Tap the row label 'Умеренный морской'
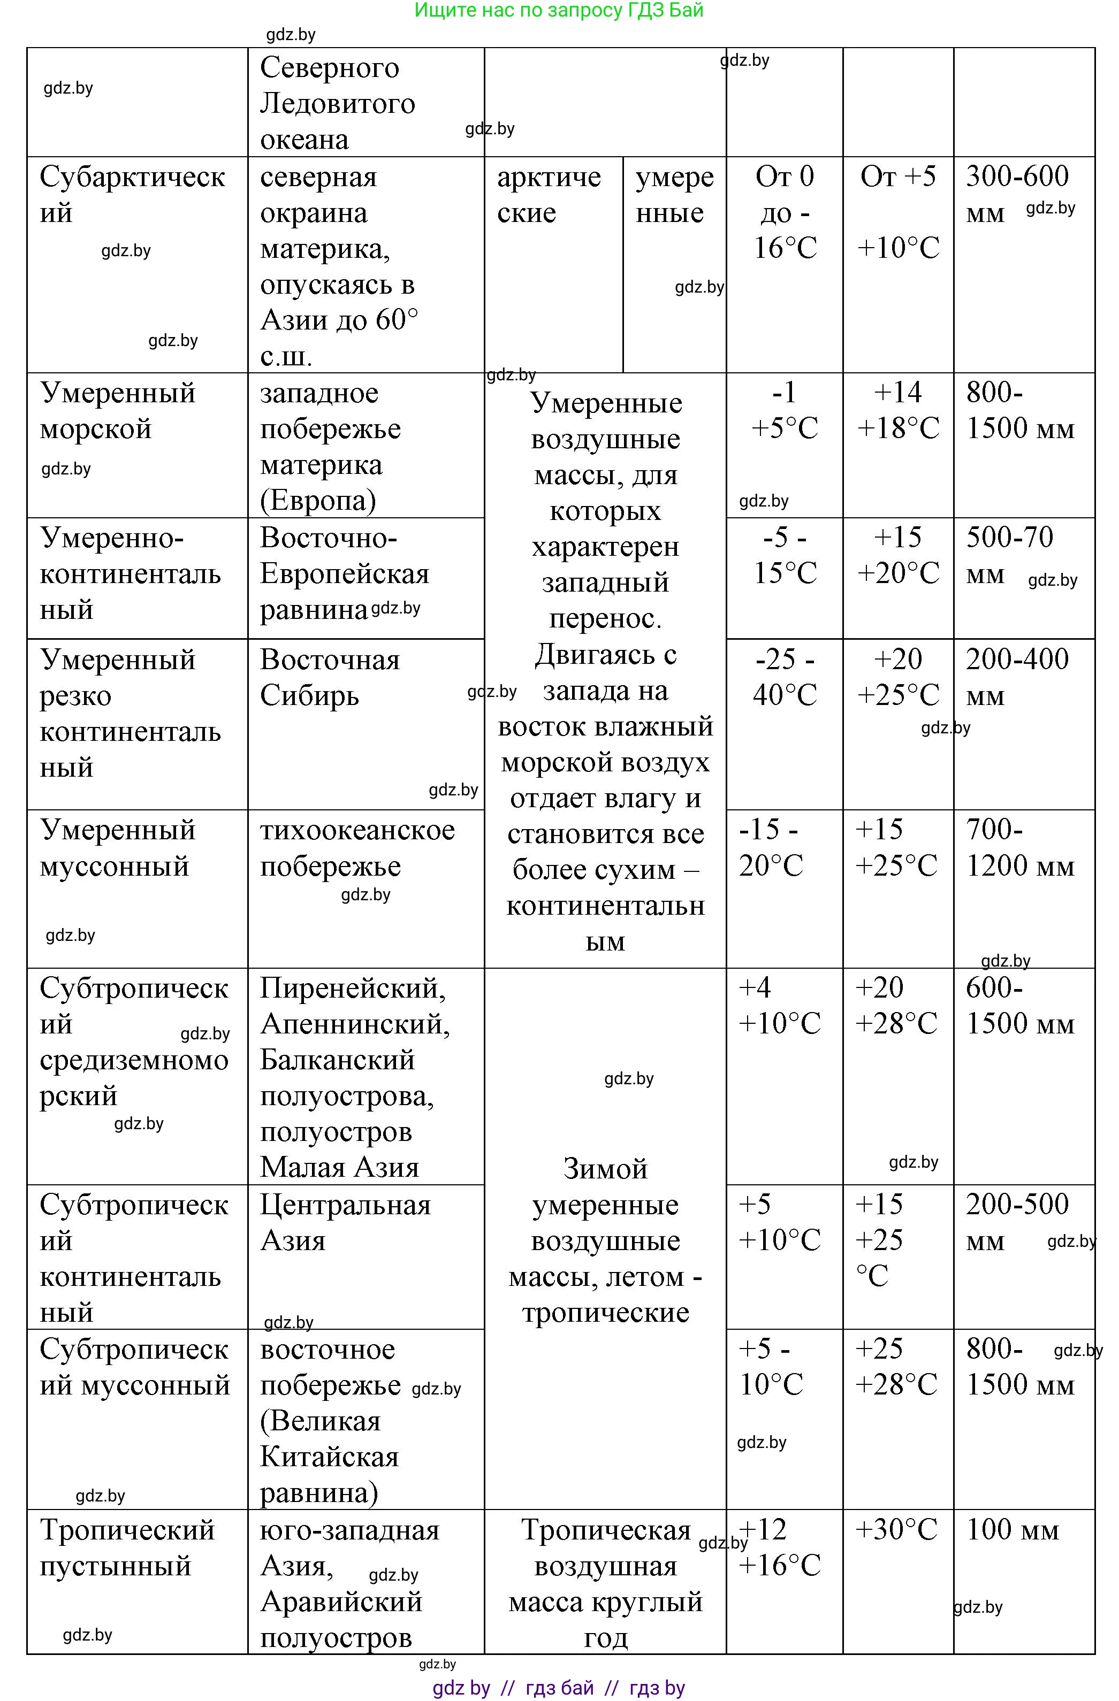point(117,410)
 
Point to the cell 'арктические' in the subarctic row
point(549,194)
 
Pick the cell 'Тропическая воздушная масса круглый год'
point(606,1583)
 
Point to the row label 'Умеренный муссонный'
point(117,848)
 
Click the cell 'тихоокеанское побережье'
point(357,848)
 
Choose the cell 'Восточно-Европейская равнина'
point(344,573)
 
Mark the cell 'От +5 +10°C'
point(898,211)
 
